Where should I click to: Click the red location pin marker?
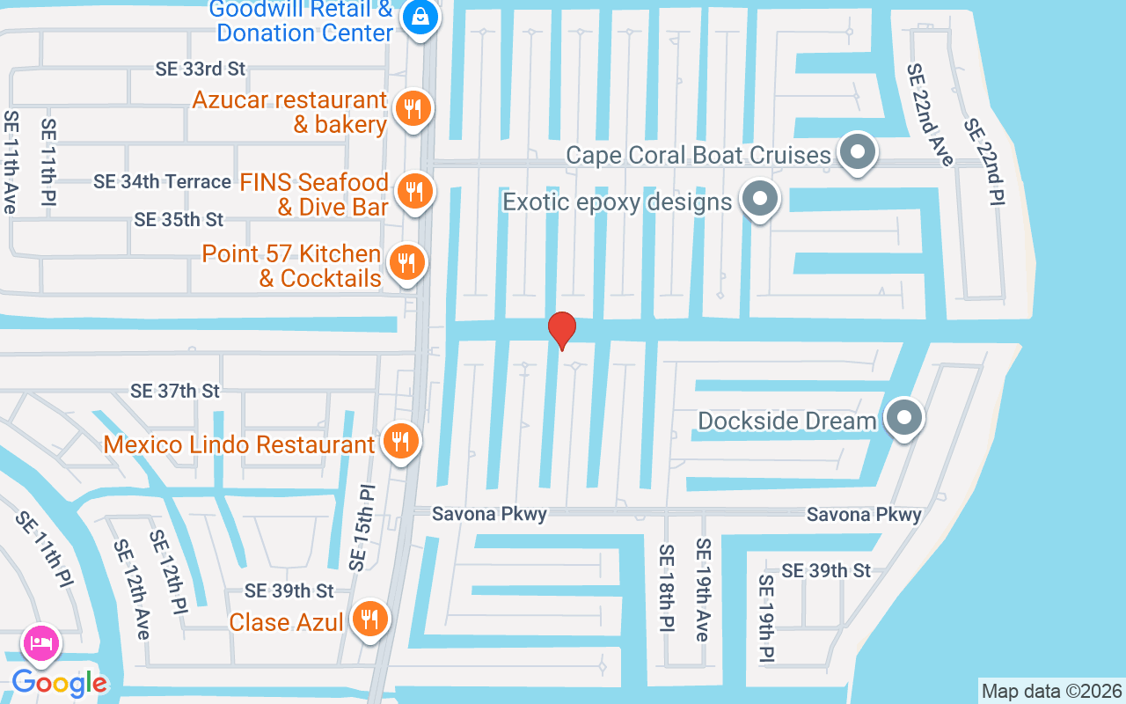point(561,330)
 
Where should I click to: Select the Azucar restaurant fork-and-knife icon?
point(411,109)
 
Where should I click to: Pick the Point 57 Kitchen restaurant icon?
point(406,262)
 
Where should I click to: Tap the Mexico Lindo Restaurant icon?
point(401,442)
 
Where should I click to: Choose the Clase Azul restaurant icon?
point(369,620)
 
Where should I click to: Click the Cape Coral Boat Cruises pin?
point(857,153)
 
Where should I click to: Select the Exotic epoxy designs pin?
point(760,201)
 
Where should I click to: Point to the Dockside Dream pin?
point(903,419)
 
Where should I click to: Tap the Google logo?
point(60,683)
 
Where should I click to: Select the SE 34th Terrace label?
point(163,182)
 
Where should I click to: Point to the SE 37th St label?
point(175,390)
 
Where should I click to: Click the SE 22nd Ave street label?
point(931,114)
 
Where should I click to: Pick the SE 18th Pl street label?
point(666,587)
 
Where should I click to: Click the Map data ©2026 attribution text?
point(1052,691)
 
